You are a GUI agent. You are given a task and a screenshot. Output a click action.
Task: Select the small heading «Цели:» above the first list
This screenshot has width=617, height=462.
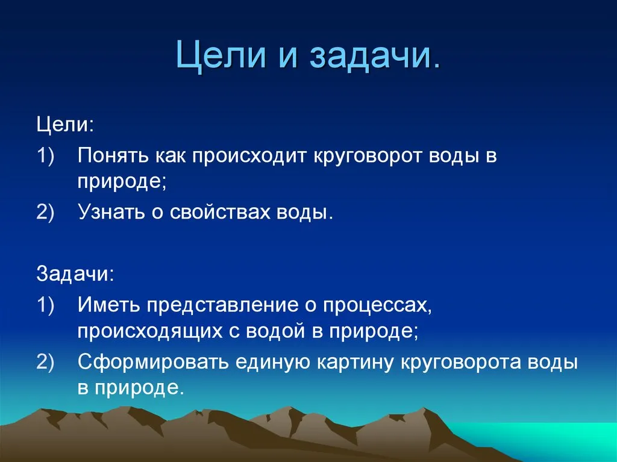[x=65, y=125]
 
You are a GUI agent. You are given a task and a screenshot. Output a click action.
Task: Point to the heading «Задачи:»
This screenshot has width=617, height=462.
[x=75, y=273]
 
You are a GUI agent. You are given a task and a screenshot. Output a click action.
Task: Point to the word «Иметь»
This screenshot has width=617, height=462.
[x=108, y=305]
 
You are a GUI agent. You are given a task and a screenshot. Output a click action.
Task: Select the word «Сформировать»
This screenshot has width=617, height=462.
[x=153, y=363]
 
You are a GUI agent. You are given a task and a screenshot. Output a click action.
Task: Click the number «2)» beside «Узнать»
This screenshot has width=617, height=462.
[x=45, y=212]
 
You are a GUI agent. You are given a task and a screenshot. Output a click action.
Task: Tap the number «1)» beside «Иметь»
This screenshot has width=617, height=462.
[x=45, y=305]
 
